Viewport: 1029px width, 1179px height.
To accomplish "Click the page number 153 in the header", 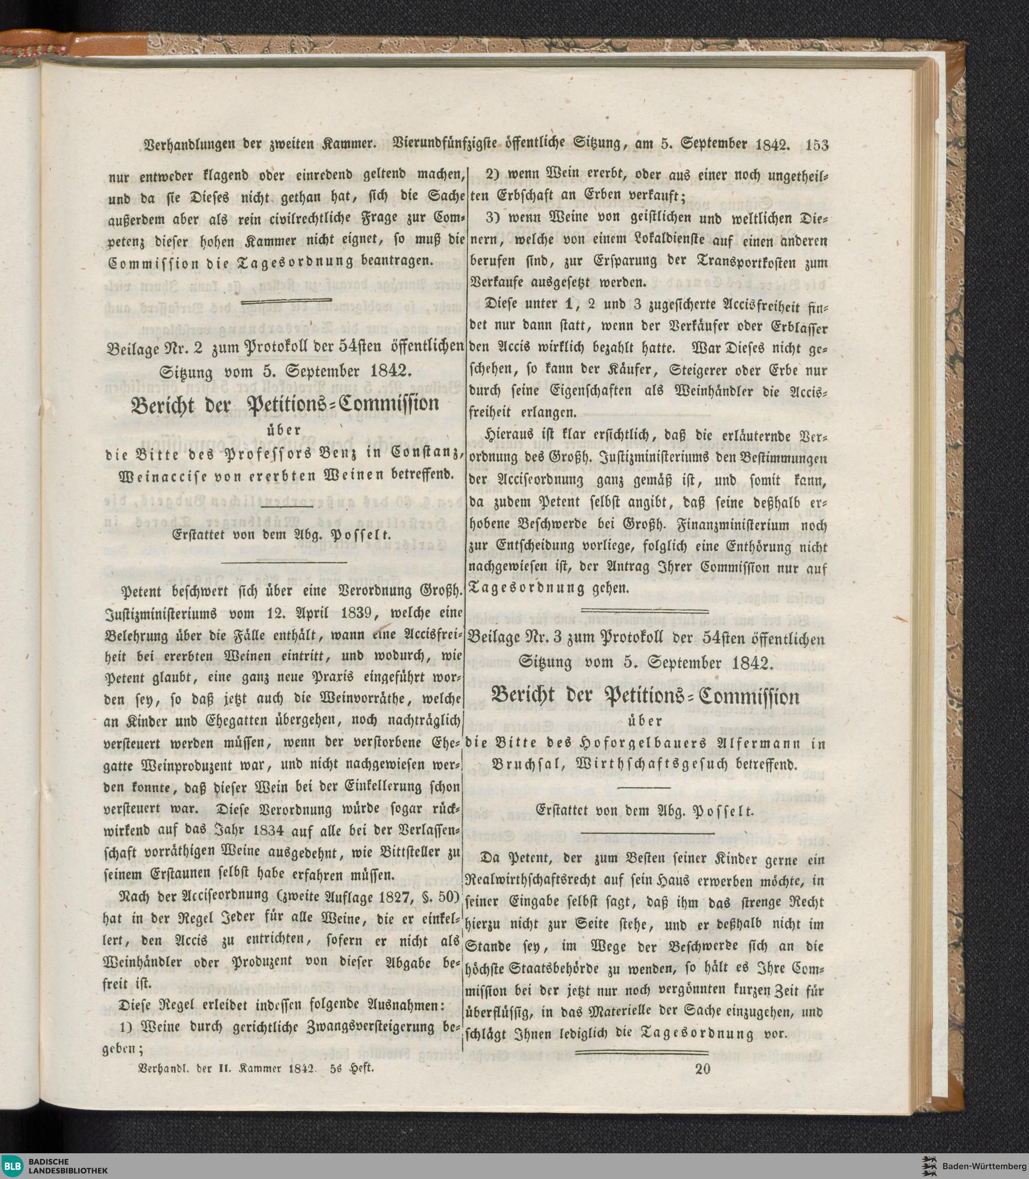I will pos(817,145).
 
